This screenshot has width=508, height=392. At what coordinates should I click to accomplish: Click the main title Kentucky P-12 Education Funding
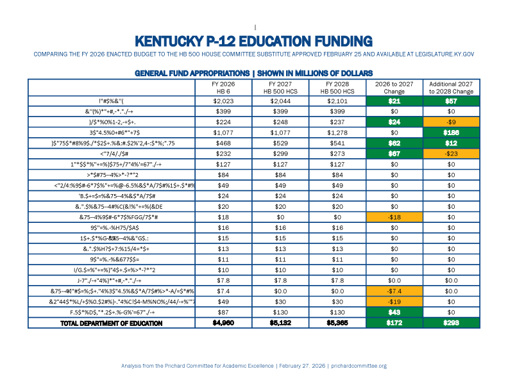point(254,41)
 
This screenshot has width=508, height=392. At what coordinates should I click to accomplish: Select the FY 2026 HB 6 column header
point(223,87)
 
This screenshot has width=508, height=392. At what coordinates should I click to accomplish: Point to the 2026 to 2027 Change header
point(394,87)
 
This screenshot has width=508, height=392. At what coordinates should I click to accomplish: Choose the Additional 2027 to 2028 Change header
point(451,87)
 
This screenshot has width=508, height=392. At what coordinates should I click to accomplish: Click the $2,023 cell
point(223,101)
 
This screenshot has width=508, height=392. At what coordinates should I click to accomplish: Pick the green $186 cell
point(451,133)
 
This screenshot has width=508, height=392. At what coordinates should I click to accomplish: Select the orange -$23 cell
point(451,154)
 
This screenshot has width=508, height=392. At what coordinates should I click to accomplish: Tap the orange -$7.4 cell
point(394,291)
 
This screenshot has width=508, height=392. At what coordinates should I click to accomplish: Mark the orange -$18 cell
point(394,217)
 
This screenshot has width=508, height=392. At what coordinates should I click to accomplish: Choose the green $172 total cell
point(394,323)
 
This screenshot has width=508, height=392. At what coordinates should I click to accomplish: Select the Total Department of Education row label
point(111,323)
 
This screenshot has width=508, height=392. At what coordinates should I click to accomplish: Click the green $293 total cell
point(451,323)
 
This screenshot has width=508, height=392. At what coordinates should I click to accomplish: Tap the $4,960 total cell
point(223,323)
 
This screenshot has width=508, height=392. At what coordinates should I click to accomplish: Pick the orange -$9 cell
point(451,122)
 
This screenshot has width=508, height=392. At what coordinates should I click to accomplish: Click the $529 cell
point(280,143)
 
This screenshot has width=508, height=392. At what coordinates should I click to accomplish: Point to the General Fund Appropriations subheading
point(254,73)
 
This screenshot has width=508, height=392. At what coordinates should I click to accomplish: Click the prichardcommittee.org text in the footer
point(360,366)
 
